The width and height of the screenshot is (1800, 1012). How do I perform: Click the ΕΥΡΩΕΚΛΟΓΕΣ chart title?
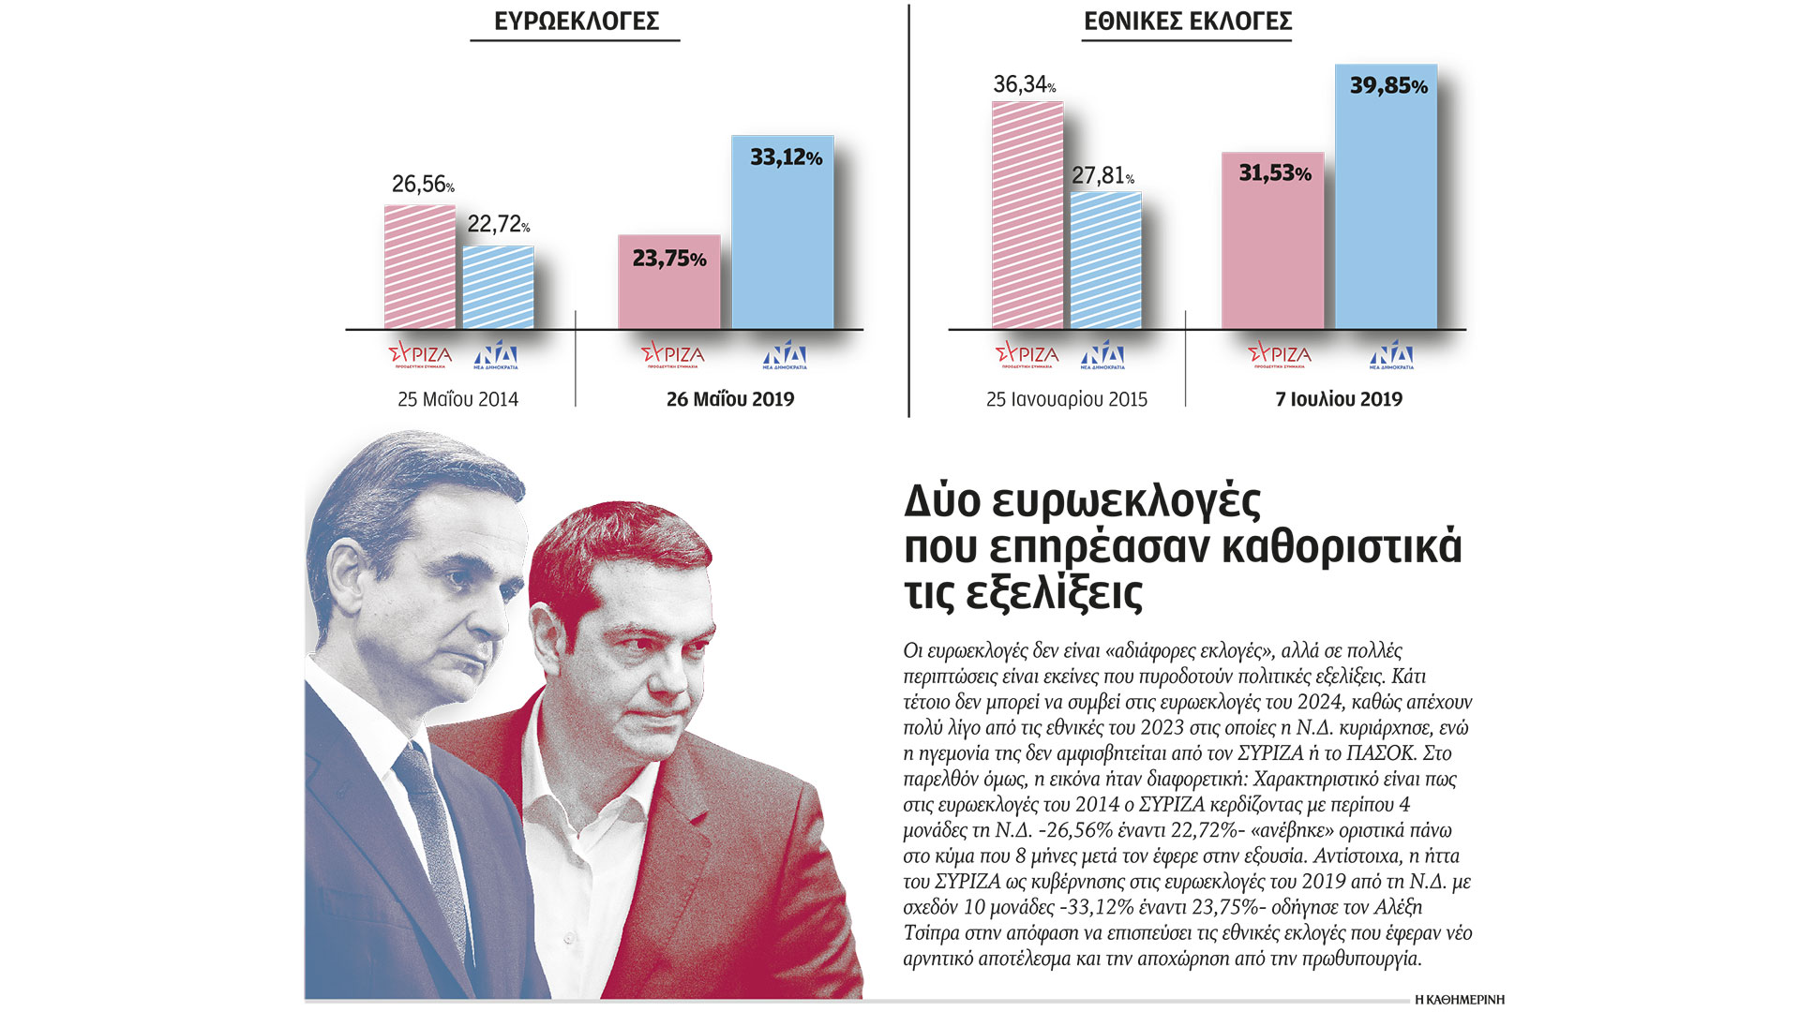click(576, 22)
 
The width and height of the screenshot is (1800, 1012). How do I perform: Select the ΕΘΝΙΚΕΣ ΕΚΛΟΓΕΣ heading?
click(1187, 22)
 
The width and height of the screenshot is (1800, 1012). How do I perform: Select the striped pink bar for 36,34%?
click(1027, 216)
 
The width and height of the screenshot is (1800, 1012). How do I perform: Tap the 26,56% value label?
click(422, 184)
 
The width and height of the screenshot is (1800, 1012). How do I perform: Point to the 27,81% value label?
click(1102, 175)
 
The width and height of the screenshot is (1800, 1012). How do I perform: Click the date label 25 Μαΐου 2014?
click(457, 399)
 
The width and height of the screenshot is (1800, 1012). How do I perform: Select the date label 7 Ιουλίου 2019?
click(1338, 399)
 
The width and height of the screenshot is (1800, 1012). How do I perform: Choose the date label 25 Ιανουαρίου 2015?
click(1066, 399)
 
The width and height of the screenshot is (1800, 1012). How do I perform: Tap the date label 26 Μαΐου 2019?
click(729, 399)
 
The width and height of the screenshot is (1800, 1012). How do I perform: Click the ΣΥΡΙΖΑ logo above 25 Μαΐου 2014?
click(420, 354)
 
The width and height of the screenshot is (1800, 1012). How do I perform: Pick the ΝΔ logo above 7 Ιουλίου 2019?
click(1390, 354)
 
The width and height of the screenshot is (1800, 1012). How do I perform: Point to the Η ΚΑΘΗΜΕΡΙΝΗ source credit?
click(1459, 1000)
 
